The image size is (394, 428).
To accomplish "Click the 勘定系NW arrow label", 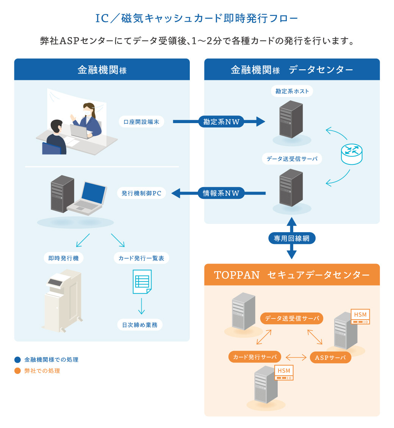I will (221, 122).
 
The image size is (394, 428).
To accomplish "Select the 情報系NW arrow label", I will (221, 193).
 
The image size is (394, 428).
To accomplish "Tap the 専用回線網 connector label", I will (291, 238).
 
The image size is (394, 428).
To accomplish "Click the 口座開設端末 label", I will (141, 122).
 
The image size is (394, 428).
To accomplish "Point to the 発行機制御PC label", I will (141, 193).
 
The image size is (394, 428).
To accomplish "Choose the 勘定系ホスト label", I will (292, 91).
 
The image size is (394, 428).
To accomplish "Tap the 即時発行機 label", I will (64, 258).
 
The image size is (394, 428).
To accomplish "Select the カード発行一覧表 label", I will (141, 258).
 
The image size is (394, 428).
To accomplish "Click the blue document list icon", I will (142, 281).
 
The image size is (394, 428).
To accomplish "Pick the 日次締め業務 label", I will (140, 325).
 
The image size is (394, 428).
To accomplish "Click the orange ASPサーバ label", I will (330, 357).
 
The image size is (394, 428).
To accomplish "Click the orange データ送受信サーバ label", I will (292, 319).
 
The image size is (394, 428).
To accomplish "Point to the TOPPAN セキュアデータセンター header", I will (292, 275).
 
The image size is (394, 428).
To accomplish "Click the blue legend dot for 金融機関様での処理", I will (17, 360).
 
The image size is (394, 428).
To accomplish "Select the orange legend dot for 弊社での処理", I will (17, 371).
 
